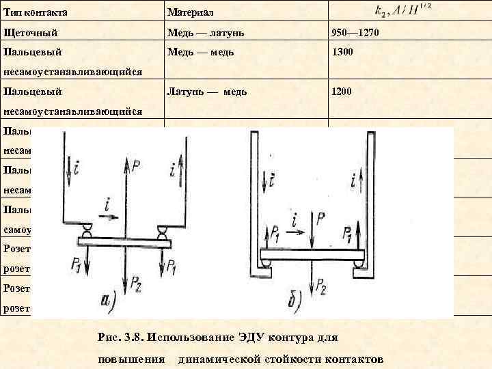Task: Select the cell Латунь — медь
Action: pyautogui.click(x=208, y=91)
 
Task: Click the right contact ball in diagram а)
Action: pyautogui.click(x=163, y=233)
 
